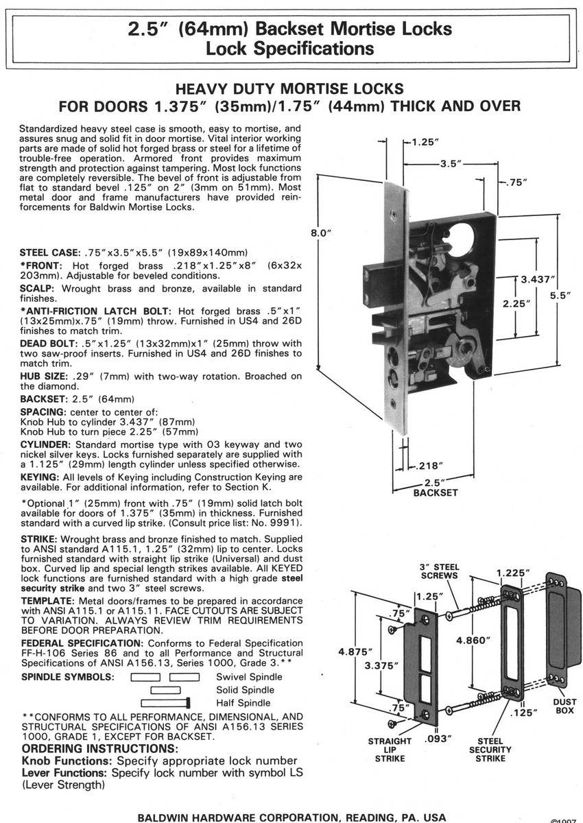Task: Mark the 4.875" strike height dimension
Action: click(x=357, y=652)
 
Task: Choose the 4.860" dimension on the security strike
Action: click(x=474, y=640)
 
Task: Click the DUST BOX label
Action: click(x=564, y=706)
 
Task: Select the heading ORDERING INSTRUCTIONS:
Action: click(x=100, y=748)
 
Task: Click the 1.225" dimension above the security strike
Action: click(x=512, y=573)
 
